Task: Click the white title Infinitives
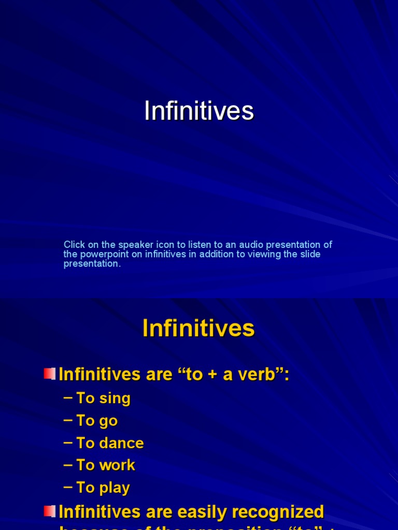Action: (199, 111)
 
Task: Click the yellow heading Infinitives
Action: (198, 328)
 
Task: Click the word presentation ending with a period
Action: (92, 263)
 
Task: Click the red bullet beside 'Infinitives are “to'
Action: (50, 373)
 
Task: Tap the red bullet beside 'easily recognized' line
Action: (50, 511)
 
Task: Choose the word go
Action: (108, 421)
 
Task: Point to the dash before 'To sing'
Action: (68, 397)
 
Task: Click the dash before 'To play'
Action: (68, 487)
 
